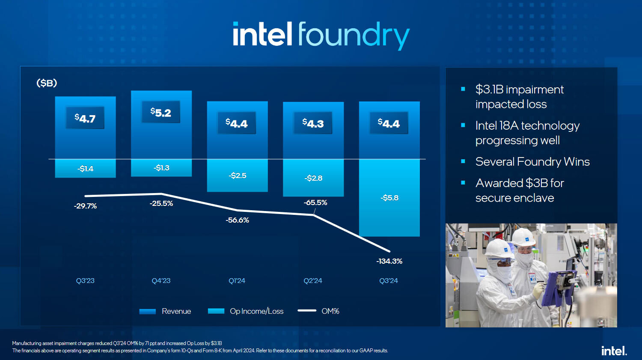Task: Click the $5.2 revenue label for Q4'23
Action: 161,112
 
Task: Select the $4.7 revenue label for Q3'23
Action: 85,118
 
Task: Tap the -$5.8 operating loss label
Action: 389,198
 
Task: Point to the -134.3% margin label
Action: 389,261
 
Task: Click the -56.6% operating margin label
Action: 237,220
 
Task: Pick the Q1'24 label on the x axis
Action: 237,281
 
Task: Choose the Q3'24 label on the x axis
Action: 389,281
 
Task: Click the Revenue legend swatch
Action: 147,311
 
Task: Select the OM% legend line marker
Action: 307,311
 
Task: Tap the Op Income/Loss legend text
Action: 256,311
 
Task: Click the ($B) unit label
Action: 47,83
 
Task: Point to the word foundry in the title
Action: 354,35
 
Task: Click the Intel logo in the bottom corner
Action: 614,351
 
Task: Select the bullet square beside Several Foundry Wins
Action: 463,161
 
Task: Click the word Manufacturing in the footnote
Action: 27,343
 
